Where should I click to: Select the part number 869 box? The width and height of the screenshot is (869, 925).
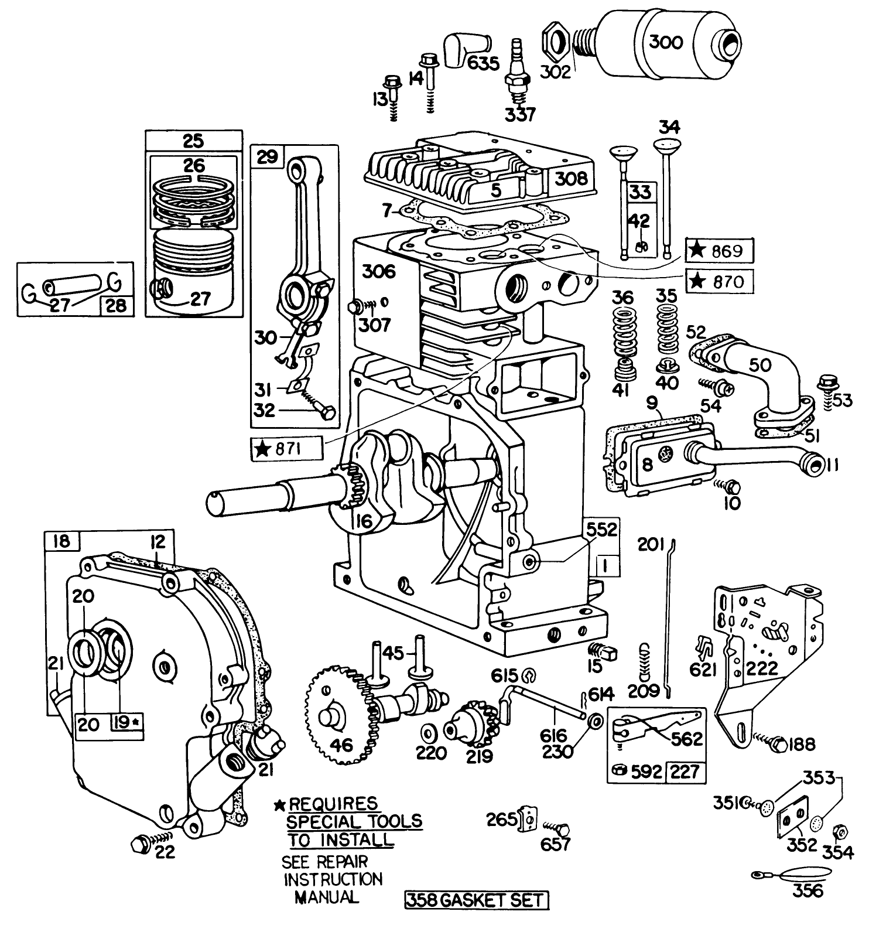(720, 251)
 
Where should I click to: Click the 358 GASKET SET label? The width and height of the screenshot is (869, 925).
(477, 900)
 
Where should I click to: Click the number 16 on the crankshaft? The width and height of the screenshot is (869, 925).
(364, 521)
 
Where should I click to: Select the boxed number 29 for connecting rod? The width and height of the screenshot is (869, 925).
(268, 158)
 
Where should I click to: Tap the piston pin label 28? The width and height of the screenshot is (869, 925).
(117, 305)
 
